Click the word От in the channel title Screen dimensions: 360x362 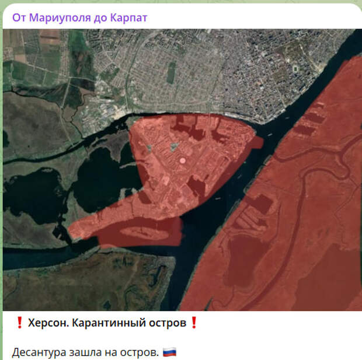(x=19, y=18)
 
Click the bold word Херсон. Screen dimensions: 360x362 (x=48, y=323)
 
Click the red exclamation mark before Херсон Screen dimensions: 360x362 (x=19, y=323)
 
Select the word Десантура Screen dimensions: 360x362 (x=39, y=352)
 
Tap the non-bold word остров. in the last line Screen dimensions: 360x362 (x=140, y=352)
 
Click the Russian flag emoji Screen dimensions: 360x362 (x=169, y=352)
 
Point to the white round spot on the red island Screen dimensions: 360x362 (x=182, y=159)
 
